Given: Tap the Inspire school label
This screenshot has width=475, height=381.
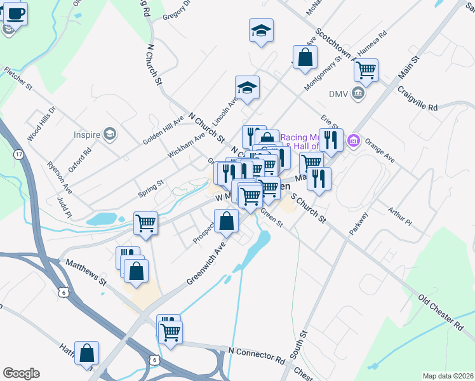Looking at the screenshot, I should click(87, 135).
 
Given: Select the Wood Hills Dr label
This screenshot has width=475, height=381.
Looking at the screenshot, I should click(41, 123).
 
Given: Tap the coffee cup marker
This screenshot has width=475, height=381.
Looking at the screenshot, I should click(15, 13).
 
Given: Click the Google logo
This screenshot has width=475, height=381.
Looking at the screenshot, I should click(21, 373).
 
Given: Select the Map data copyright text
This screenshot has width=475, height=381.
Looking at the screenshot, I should click(448, 375).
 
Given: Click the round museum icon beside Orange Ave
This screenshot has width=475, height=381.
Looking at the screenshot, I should click(354, 140).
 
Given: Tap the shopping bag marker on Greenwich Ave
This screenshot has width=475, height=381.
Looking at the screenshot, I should click(227, 222).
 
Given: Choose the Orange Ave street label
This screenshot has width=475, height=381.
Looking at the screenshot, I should click(380, 149).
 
